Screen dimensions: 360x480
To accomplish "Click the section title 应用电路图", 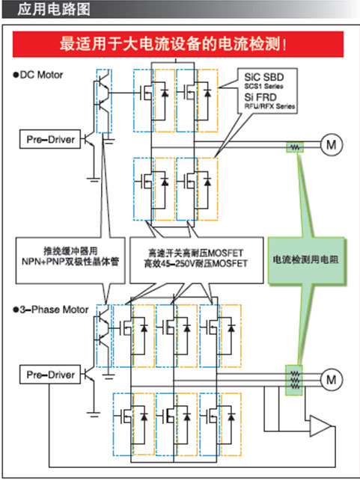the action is pos(54,9).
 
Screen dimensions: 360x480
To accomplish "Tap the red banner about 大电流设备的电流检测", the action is pos(177,44).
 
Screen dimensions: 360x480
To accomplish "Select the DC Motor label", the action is pos(38,75).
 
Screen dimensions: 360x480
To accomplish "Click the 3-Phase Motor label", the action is pos(51,310).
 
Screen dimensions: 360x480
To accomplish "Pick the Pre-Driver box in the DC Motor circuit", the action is pos(50,139).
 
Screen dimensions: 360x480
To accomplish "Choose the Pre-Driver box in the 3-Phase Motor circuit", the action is pos(50,375).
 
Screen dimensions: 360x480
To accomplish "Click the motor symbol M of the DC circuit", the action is pos(332,144).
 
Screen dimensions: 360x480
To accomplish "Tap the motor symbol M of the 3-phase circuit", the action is pos(332,380).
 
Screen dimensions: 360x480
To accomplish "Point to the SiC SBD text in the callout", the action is pos(263,77).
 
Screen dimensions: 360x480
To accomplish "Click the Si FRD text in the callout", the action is pos(260,97).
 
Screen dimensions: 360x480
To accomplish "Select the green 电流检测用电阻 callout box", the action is pos(306,260).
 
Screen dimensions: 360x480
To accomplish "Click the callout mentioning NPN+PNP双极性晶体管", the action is pos(70,260).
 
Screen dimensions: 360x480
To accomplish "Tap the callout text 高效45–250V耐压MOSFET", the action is pos(196,264).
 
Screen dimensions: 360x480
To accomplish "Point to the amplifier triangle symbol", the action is pos(320,425).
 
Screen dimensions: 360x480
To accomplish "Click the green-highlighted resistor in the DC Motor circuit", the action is pos(295,147).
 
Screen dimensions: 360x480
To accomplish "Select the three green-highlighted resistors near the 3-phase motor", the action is pos(294,380).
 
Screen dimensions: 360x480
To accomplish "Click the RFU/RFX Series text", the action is pos(269,106).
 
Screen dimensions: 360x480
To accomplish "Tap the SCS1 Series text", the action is pos(263,86).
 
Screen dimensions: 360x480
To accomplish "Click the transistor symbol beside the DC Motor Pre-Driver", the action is pos(89,139).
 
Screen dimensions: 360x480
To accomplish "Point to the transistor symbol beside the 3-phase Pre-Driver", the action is pos(89,375).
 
